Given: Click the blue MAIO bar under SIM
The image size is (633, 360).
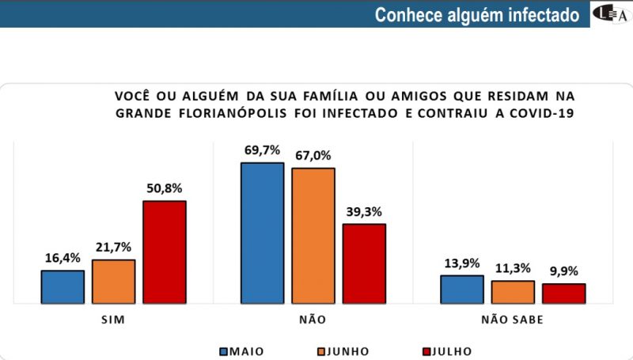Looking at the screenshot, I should pyautogui.click(x=63, y=286).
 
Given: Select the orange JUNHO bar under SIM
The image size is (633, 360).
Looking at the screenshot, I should pyautogui.click(x=113, y=281).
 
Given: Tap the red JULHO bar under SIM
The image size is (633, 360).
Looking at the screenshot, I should pyautogui.click(x=164, y=252).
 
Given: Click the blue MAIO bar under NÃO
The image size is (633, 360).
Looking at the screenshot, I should pyautogui.click(x=262, y=233).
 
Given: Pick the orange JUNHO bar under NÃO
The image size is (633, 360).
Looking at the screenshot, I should pyautogui.click(x=313, y=235).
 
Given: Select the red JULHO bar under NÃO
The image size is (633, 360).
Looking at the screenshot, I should pyautogui.click(x=363, y=263).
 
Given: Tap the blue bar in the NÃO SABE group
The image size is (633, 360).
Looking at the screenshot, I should pyautogui.click(x=461, y=289).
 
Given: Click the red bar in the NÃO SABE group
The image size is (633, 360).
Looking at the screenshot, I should pyautogui.click(x=563, y=293).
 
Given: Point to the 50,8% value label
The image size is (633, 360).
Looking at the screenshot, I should pyautogui.click(x=164, y=188).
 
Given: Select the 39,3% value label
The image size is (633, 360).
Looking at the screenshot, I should pyautogui.click(x=363, y=211).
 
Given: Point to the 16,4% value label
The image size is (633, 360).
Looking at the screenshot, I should pyautogui.click(x=63, y=258).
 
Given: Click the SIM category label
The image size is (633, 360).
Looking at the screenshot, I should pyautogui.click(x=113, y=321).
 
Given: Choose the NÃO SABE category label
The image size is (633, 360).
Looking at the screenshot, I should pyautogui.click(x=512, y=321).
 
